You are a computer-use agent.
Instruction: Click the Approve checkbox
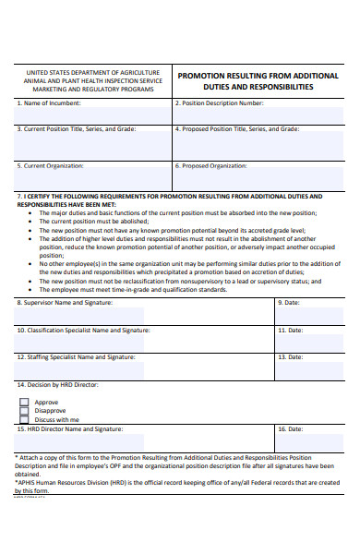tap(24, 402)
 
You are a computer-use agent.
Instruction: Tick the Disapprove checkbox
tap(24, 411)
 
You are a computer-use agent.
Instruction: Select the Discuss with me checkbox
tap(24, 420)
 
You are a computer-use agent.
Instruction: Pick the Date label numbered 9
tap(289, 302)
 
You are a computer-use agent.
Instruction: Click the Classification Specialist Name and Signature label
tap(81, 330)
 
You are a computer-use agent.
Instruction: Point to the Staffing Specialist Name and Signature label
tap(74, 356)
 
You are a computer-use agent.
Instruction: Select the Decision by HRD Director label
tap(56, 384)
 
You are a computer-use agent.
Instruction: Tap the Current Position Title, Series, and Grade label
tap(77, 129)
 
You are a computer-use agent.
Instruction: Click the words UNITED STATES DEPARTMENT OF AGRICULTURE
tap(92, 72)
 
